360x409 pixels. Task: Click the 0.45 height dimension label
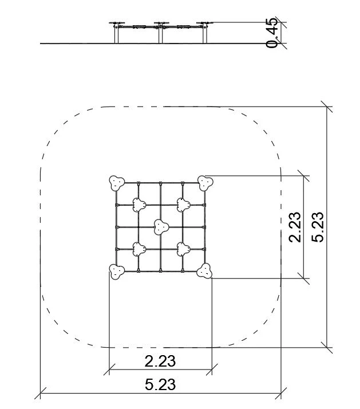[272, 33]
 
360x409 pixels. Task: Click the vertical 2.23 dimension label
[295, 227]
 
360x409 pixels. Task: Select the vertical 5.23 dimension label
[318, 227]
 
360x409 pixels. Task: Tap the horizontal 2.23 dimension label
[160, 361]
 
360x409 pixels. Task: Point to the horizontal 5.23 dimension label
[160, 384]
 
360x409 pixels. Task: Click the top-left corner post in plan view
[117, 183]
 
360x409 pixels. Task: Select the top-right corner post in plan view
[205, 183]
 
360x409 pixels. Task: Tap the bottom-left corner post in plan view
[117, 272]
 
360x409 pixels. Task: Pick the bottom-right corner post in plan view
[204, 271]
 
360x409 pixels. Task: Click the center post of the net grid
[161, 227]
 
